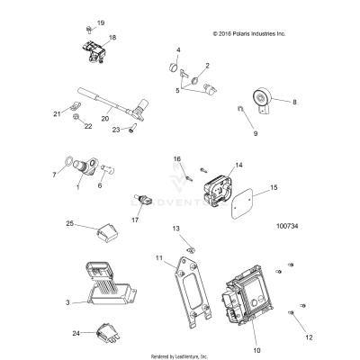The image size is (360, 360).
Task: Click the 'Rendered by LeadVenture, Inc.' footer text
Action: (180, 355)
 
